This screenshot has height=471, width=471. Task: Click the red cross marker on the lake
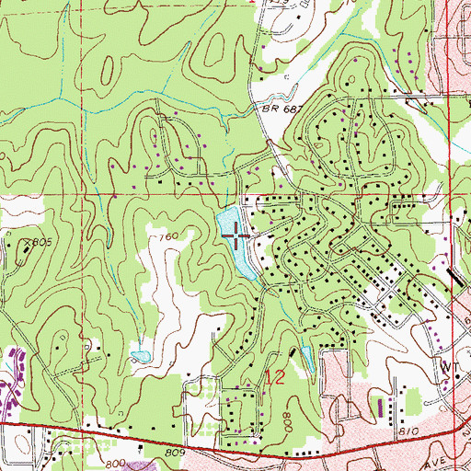click(235, 236)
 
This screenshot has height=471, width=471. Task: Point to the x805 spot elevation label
click(35, 242)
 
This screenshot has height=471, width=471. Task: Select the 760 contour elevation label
click(167, 237)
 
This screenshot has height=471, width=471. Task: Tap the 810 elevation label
click(409, 431)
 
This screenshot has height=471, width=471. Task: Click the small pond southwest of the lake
click(140, 356)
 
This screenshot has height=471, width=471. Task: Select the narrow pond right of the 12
click(306, 360)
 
